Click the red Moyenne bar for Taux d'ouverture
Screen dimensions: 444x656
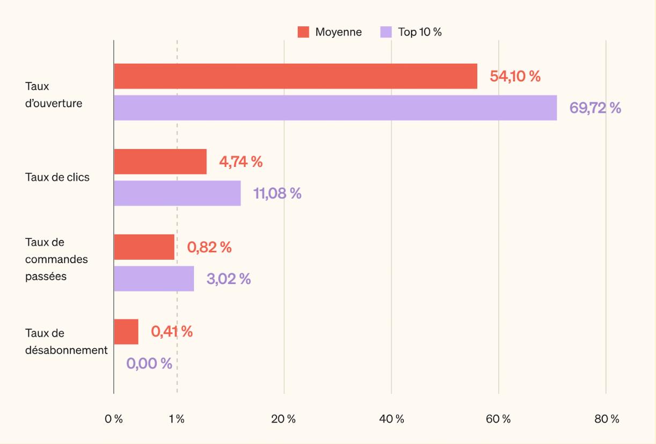[x=295, y=76]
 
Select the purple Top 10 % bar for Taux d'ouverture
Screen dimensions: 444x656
[x=335, y=108]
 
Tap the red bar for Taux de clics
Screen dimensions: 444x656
[x=160, y=162]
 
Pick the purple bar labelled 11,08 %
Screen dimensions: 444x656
[x=177, y=193]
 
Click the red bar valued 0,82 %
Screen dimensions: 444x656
[x=144, y=247]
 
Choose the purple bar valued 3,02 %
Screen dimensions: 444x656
[x=154, y=278]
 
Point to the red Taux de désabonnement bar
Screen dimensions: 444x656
[x=126, y=332]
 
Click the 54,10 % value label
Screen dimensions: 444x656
[x=515, y=76]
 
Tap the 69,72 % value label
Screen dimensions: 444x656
[x=595, y=108]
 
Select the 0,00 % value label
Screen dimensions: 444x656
[x=149, y=364]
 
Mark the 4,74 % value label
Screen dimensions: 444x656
[x=240, y=162]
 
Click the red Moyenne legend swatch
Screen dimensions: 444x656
[x=303, y=32]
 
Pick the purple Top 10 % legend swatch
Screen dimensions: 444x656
[x=386, y=32]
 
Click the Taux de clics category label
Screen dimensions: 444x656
[x=57, y=177]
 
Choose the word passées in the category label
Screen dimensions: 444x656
[x=46, y=276]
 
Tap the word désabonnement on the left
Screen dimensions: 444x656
[x=66, y=350]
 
